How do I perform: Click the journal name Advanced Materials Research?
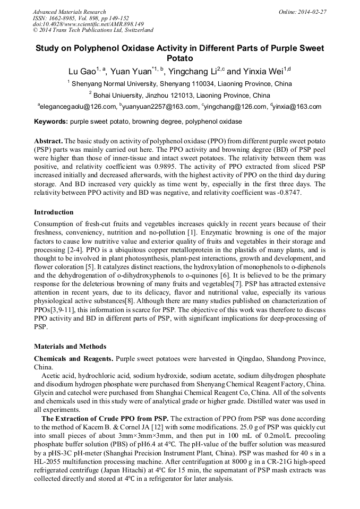[69, 11]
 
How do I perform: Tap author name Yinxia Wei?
[264, 71]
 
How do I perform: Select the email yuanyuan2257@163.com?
[160, 107]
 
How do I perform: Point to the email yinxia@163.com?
[297, 107]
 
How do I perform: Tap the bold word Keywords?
[50, 122]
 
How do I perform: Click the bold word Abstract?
[48, 141]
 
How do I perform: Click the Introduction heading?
[54, 212]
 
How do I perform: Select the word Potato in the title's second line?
[179, 58]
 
